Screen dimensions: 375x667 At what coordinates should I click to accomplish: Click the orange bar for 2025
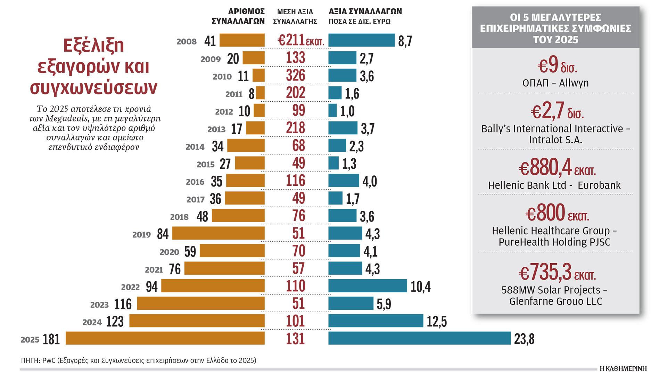tap(165, 338)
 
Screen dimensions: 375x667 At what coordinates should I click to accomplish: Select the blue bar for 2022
tap(368, 286)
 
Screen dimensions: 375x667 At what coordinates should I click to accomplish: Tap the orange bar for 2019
tap(218, 233)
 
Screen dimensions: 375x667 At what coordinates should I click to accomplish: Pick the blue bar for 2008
tap(361, 40)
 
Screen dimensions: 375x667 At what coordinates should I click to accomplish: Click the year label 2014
tap(195, 147)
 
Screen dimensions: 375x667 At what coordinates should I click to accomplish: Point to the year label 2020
tap(169, 252)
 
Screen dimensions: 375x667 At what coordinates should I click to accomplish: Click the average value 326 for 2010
tap(296, 75)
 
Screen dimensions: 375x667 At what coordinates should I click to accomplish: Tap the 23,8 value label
tap(524, 339)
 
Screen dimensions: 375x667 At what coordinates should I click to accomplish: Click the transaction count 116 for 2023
tap(123, 304)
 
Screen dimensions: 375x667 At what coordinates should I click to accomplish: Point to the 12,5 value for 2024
tap(437, 322)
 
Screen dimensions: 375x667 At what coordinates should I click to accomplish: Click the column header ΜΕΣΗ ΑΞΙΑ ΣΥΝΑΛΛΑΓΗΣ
tap(295, 17)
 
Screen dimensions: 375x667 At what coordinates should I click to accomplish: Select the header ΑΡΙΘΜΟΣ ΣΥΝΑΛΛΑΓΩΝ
tap(238, 16)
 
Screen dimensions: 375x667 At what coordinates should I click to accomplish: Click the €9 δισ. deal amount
tap(557, 65)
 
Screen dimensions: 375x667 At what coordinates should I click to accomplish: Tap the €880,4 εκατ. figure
tap(557, 168)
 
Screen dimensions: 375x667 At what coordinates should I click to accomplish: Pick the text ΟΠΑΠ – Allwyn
tap(555, 83)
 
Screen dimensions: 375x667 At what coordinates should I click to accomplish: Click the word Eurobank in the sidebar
tap(599, 185)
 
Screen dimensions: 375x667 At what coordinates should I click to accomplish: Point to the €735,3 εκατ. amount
tap(557, 272)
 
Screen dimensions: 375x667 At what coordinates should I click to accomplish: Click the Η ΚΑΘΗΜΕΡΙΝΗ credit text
tap(623, 369)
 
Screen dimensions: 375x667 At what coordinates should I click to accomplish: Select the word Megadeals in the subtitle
tap(67, 118)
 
